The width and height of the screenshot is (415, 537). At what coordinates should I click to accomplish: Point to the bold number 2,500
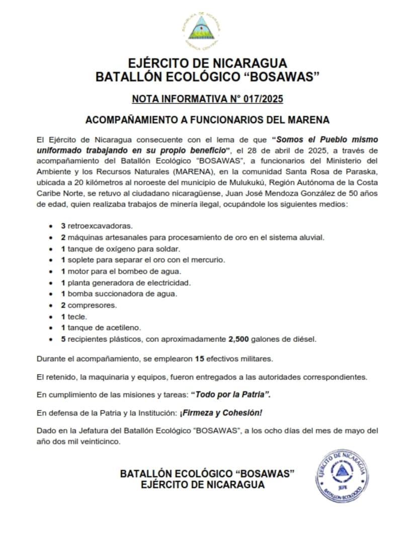tap(238, 339)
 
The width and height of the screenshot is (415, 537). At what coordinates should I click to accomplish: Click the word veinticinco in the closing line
tap(102, 442)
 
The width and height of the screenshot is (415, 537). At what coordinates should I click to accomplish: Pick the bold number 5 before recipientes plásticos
tap(63, 339)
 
